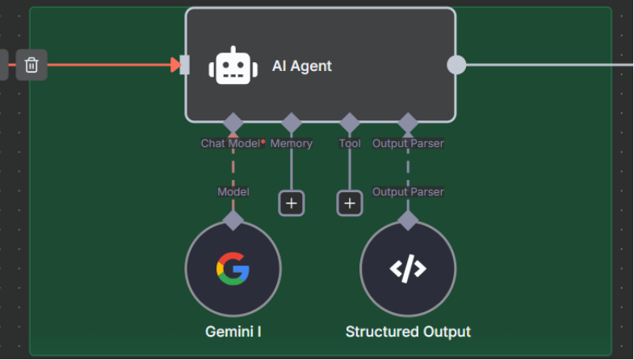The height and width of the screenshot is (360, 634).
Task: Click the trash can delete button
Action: [x=31, y=65]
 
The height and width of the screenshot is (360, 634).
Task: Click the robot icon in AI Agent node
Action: [x=233, y=65]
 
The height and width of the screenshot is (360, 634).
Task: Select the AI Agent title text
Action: [x=302, y=66]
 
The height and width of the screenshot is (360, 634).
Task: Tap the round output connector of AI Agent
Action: [x=456, y=65]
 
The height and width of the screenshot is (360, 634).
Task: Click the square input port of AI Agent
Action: [x=185, y=65]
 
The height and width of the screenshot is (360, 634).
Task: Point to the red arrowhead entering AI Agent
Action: [x=175, y=65]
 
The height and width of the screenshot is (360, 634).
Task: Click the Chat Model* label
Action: [x=233, y=144]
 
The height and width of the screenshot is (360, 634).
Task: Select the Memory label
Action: [x=291, y=144]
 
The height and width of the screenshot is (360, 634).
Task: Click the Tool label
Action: [x=350, y=144]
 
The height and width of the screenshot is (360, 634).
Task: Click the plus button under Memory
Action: [x=291, y=203]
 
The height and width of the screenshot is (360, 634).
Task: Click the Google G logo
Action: [x=233, y=269]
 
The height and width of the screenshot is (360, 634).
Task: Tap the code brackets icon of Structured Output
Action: [x=408, y=269]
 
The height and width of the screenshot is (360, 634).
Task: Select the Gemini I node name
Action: [x=233, y=332]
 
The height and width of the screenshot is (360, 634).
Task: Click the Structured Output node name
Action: [x=408, y=332]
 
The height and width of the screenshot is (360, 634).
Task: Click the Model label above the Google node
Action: [x=233, y=192]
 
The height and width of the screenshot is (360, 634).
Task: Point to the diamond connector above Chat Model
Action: [x=233, y=123]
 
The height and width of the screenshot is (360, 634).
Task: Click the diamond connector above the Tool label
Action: [x=350, y=123]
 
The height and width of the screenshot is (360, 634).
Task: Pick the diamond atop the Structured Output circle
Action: [x=408, y=220]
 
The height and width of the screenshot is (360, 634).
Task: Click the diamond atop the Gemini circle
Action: [x=233, y=220]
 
